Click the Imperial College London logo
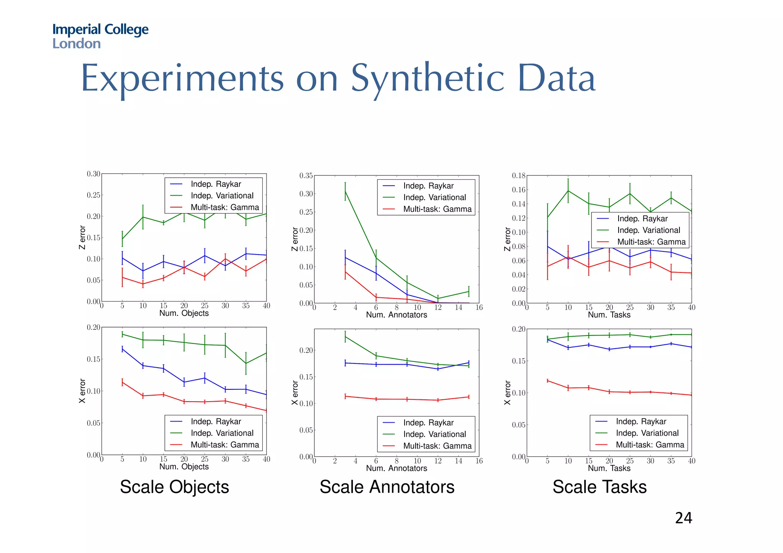click(x=100, y=36)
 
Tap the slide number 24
click(x=683, y=518)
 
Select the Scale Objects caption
click(x=174, y=487)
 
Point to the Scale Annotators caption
click(x=387, y=487)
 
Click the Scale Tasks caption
click(x=599, y=487)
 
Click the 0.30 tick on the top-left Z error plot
click(x=93, y=174)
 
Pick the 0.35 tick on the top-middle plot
click(x=306, y=176)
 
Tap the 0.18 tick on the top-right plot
click(x=518, y=176)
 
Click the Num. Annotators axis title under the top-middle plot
click(x=396, y=315)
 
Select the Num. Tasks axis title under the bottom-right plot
click(x=609, y=468)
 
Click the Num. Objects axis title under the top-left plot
click(x=184, y=313)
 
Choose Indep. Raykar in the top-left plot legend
click(x=216, y=184)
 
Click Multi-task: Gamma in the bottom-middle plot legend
click(x=437, y=446)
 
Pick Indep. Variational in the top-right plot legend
click(x=648, y=230)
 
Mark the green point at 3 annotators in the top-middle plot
click(x=345, y=191)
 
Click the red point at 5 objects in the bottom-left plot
click(x=122, y=382)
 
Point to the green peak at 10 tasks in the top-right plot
click(x=568, y=191)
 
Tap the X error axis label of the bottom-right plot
click(x=507, y=392)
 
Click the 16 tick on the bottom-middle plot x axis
click(x=479, y=461)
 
